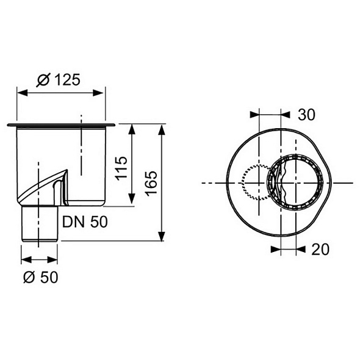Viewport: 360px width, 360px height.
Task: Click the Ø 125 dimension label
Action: pyautogui.click(x=59, y=80)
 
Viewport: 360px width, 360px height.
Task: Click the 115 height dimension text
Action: pyautogui.click(x=121, y=168)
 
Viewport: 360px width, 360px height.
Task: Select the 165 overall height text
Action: pyautogui.click(x=151, y=184)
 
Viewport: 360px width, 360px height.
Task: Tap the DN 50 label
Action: pyautogui.click(x=85, y=222)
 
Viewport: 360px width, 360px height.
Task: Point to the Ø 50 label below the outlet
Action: pyautogui.click(x=41, y=277)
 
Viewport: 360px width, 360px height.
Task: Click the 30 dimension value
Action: pyautogui.click(x=306, y=115)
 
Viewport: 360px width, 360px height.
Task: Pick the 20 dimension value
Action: pyautogui.click(x=320, y=250)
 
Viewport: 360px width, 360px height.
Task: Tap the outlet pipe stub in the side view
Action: pyautogui.click(x=40, y=223)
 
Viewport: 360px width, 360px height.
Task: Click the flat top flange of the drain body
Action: pyautogui.click(x=61, y=125)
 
